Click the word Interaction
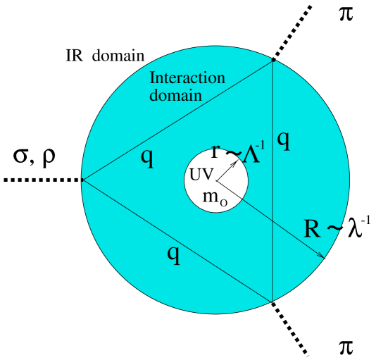[x=187, y=77]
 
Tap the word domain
[x=175, y=94]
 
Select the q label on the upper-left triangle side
[x=146, y=158]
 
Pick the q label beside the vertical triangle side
[x=283, y=139]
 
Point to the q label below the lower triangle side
[x=173, y=254]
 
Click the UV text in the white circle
[x=201, y=175]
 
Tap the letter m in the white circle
[x=211, y=197]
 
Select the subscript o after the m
[x=224, y=202]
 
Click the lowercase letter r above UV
[x=215, y=151]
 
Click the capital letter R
[x=312, y=228]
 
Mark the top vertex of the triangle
[x=273, y=61]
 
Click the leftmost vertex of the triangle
[x=82, y=180]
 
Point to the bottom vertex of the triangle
[x=272, y=302]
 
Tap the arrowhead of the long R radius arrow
[x=322, y=256]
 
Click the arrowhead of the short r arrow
[x=236, y=161]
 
